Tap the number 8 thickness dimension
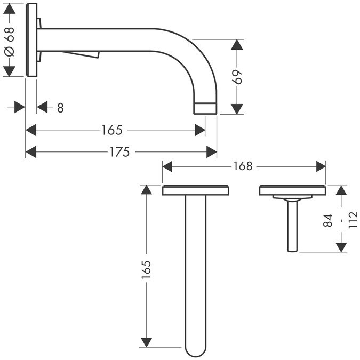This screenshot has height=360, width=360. pyautogui.click(x=60, y=108)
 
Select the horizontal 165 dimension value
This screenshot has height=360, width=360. pyautogui.click(x=113, y=130)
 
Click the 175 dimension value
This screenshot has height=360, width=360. pyautogui.click(x=119, y=152)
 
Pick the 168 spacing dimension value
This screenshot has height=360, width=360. pyautogui.click(x=242, y=166)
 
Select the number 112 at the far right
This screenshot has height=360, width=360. pyautogui.click(x=352, y=219)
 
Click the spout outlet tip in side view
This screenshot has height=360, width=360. pyautogui.click(x=205, y=107)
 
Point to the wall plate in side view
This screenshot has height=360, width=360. pyautogui.click(x=31, y=40)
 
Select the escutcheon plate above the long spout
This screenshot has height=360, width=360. pyautogui.click(x=195, y=190)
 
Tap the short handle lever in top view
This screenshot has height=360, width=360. pyautogui.click(x=292, y=224)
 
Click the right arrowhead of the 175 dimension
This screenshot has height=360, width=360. pyautogui.click(x=212, y=152)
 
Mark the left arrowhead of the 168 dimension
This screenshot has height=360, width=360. pyautogui.click(x=167, y=166)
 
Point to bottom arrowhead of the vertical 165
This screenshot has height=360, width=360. pyautogui.click(x=147, y=341)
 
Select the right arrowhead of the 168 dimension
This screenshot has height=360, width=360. pyautogui.click(x=321, y=166)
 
